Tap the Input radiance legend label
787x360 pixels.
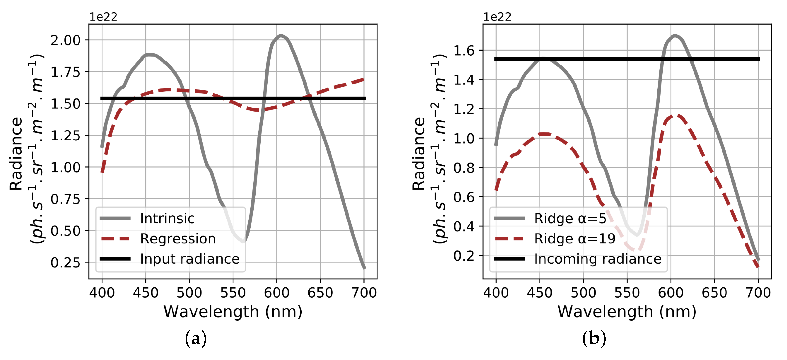189,259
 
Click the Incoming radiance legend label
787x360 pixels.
597,259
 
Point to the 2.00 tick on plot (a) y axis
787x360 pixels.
65,40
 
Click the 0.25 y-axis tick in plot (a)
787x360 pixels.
65,262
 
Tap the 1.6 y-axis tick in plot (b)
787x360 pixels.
464,50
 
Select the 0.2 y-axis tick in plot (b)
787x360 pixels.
464,256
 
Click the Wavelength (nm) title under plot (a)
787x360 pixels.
233,312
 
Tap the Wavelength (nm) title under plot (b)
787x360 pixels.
627,312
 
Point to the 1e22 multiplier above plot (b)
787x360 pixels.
497,17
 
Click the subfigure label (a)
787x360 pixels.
196,339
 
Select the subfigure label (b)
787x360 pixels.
594,339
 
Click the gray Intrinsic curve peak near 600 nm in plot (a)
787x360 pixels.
280,36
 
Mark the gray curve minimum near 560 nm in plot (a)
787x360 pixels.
243,241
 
